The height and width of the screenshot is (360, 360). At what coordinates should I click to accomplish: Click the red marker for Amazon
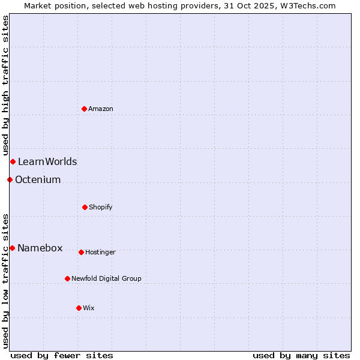point(84,109)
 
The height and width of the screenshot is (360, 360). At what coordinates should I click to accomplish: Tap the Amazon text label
point(101,109)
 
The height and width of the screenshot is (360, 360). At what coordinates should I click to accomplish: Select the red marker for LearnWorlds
point(13,161)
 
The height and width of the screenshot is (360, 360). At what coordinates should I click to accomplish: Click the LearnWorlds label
point(47,161)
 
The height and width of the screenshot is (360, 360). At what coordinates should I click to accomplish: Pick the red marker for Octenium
point(10,179)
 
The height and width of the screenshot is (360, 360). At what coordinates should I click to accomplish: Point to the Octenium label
point(38,179)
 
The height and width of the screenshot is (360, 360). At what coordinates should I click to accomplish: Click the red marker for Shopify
point(85,207)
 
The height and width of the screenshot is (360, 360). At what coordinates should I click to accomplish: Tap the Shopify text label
point(101,207)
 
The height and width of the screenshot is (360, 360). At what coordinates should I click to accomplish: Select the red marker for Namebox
point(12,248)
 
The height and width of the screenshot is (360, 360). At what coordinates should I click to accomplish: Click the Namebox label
point(40,248)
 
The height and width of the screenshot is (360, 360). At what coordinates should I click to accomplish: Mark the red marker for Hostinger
point(81,252)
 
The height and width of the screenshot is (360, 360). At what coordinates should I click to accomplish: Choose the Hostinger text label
point(100,252)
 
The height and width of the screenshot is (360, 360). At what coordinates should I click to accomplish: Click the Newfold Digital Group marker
point(67,278)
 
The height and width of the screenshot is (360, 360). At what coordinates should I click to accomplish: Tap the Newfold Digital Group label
point(107,278)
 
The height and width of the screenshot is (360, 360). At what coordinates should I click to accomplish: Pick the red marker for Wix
point(79,308)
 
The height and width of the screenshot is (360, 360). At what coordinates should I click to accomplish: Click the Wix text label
point(89,308)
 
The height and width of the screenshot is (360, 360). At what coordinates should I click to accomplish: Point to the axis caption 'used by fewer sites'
point(62,355)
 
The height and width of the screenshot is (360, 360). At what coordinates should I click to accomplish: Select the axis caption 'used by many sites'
point(301,355)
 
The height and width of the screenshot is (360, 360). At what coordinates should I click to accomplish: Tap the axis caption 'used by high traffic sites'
point(5,85)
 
